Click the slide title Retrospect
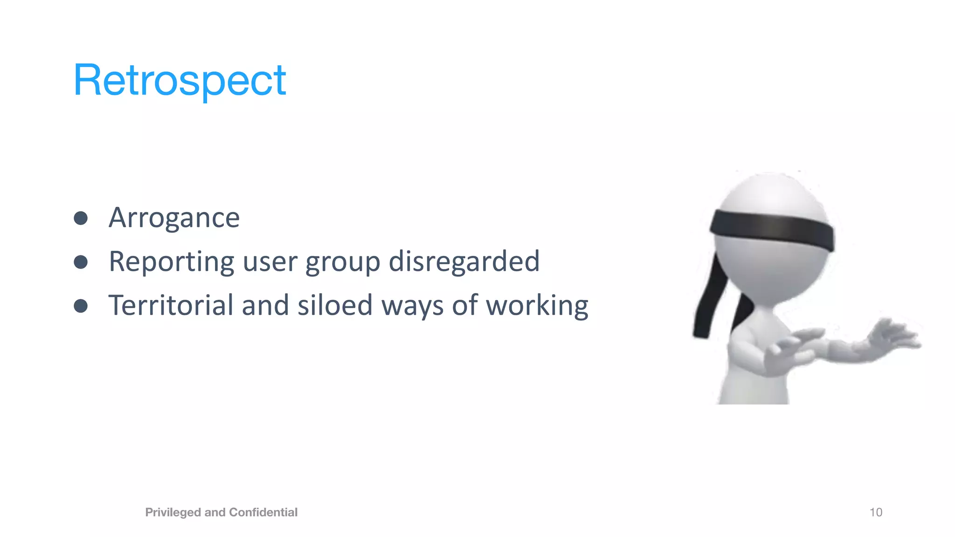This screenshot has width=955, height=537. tap(180, 80)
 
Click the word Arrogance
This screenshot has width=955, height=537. tap(174, 218)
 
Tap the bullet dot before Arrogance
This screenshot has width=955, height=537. tap(81, 218)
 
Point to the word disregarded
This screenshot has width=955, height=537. tap(464, 261)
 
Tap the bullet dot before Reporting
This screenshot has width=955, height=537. tap(81, 262)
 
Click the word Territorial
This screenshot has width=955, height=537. tap(171, 305)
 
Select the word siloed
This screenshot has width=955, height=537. tap(335, 305)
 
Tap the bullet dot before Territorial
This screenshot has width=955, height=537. tap(81, 306)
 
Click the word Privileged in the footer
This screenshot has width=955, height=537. tap(173, 512)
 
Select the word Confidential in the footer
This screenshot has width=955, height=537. tap(263, 512)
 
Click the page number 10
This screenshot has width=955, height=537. tap(876, 512)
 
